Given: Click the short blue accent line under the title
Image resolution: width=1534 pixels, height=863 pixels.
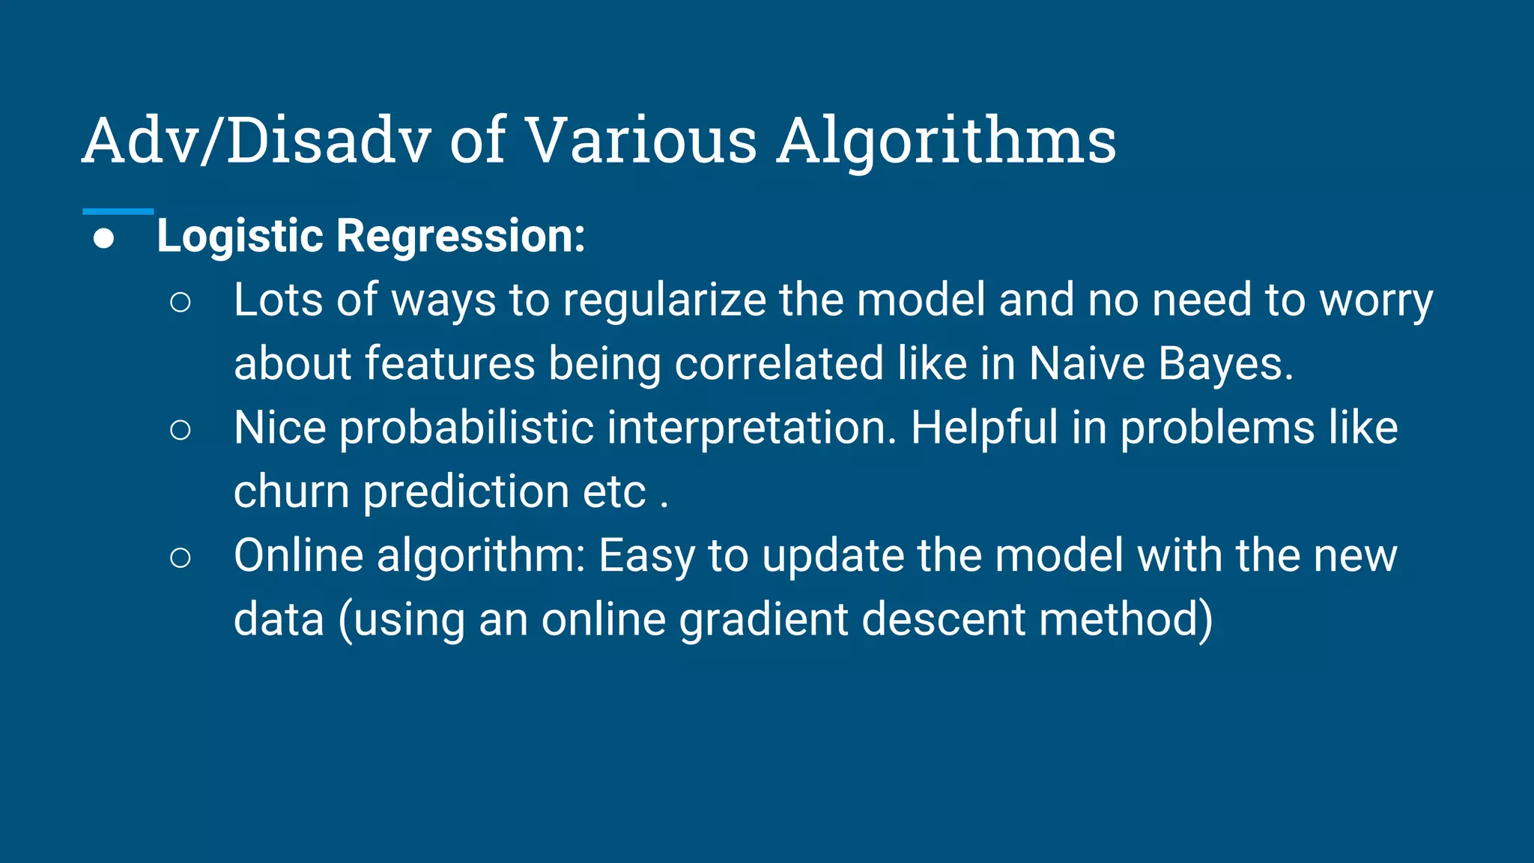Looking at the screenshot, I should click(118, 211).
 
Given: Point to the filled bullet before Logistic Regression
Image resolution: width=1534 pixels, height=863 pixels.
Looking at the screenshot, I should click(104, 239).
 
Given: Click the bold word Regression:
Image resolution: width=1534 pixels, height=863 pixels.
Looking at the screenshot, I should click(460, 237).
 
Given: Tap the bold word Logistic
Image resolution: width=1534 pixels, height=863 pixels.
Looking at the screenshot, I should click(240, 237).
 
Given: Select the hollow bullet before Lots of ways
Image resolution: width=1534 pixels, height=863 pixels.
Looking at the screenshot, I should click(180, 302).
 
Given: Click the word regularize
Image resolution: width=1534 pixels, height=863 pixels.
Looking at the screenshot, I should click(664, 301).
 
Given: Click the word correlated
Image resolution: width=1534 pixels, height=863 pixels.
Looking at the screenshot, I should click(779, 364).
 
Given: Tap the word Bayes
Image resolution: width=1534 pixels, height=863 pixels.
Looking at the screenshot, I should click(1225, 364).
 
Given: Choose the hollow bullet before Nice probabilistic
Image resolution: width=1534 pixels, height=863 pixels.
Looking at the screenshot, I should click(180, 430).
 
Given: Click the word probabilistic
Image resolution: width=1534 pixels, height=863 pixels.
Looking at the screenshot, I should click(467, 429).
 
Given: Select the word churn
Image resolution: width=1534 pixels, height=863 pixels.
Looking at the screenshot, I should click(291, 492).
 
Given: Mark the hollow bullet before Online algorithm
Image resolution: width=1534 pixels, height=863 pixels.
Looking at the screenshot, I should click(180, 557).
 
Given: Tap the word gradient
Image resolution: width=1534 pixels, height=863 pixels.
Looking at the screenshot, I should click(763, 620).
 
